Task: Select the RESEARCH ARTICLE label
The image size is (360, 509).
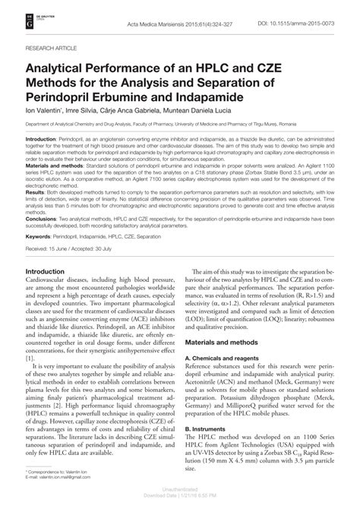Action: [55, 47]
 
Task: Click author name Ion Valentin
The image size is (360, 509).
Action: [45, 110]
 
